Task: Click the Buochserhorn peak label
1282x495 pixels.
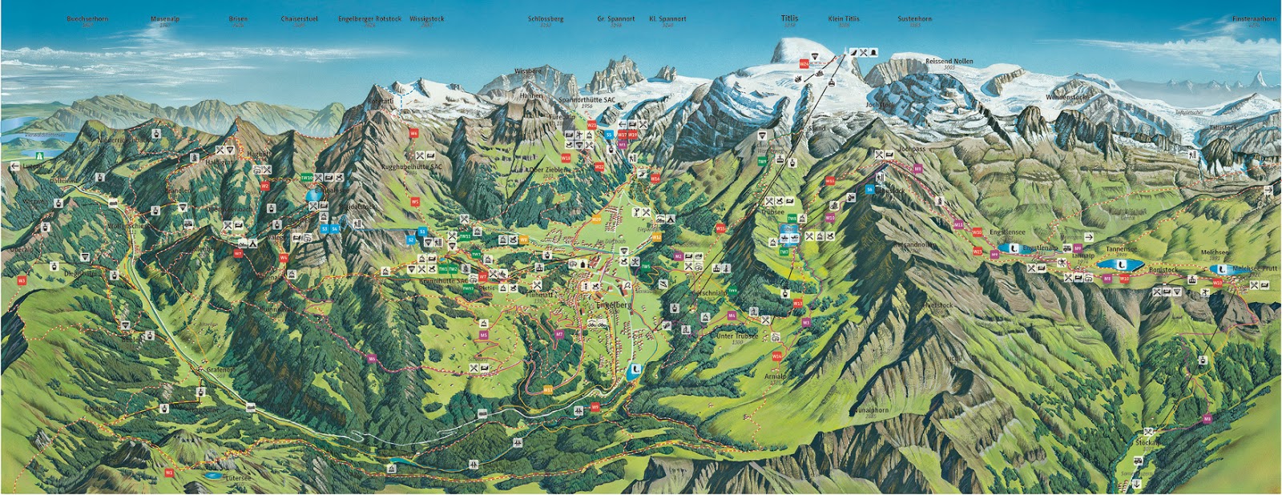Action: tap(87, 18)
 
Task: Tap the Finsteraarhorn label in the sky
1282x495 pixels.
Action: tap(1254, 18)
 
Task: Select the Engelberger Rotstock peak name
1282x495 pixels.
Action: tap(369, 18)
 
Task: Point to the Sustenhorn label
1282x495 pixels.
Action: tap(914, 18)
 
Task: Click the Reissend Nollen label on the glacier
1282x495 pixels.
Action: tap(949, 61)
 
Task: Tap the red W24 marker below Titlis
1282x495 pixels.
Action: tap(804, 64)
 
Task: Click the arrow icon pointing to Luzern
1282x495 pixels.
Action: tap(14, 166)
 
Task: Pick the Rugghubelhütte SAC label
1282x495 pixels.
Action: tap(411, 167)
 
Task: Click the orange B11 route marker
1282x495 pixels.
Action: tap(547, 389)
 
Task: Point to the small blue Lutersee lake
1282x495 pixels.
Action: tap(213, 475)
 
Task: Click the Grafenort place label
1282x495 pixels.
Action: tap(220, 370)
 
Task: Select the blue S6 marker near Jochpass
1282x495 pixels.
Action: tap(869, 189)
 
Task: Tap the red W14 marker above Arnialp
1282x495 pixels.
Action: tap(776, 356)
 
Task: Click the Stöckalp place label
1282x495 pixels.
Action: tap(1146, 442)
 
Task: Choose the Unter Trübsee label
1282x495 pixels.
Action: tap(736, 336)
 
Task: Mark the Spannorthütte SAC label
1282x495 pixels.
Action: tap(587, 100)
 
